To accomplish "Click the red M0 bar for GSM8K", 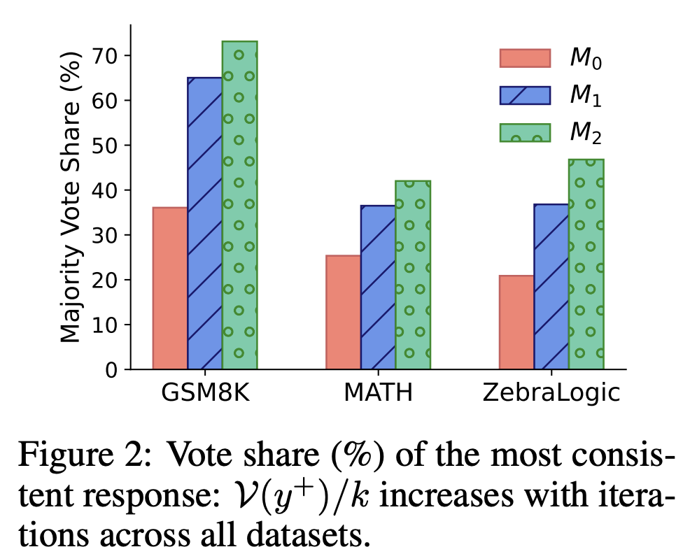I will (x=169, y=288).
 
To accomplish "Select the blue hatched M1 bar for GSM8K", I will (x=204, y=223).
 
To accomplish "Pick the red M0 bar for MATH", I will (x=343, y=312).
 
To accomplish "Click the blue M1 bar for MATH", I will (x=378, y=287).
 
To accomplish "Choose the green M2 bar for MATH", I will (x=413, y=275).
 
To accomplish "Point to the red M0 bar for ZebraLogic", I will (x=516, y=322).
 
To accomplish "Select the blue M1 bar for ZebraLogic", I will (x=551, y=286).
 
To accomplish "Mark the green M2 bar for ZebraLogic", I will (x=586, y=264).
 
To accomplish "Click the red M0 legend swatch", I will (x=525, y=58).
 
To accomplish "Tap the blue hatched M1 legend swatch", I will (x=525, y=95).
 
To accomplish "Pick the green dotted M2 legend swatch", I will (x=525, y=132).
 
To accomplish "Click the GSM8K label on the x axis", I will (x=204, y=393).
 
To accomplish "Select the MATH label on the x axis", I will (x=378, y=393).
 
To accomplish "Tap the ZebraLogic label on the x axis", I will (x=551, y=393).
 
